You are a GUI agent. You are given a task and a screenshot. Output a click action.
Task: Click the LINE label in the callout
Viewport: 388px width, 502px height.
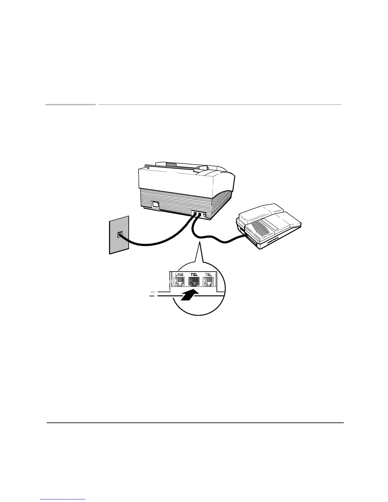(x=179, y=275)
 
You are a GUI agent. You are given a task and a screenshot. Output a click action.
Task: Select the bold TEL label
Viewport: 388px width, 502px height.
(x=194, y=275)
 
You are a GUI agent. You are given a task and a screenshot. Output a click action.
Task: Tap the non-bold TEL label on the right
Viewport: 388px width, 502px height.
(x=208, y=275)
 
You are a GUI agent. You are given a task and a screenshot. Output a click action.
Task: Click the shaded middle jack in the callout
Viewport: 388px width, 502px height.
(x=194, y=281)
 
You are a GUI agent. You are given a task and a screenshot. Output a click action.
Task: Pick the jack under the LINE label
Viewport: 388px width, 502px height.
(x=179, y=281)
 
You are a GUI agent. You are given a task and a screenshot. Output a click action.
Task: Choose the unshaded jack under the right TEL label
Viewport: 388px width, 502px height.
(x=208, y=281)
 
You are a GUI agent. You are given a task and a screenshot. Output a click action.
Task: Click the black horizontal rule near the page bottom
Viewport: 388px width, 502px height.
(x=195, y=422)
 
